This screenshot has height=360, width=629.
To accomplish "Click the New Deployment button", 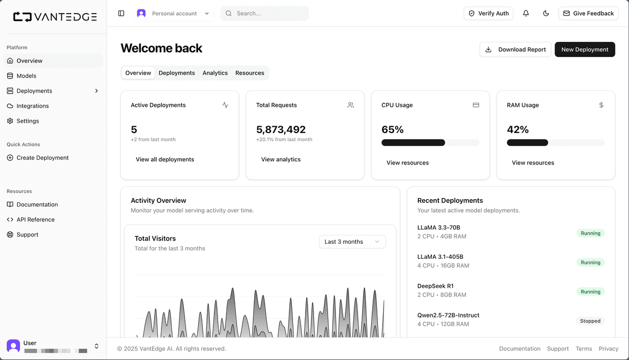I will [x=584, y=49].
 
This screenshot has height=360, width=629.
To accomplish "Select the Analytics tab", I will [x=215, y=73].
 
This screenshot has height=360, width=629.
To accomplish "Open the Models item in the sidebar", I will [x=26, y=76].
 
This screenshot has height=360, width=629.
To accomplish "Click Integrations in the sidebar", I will [x=32, y=106].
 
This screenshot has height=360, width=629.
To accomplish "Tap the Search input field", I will [x=265, y=13].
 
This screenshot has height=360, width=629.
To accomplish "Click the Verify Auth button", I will [x=489, y=13].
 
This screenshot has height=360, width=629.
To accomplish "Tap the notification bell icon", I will [x=526, y=13].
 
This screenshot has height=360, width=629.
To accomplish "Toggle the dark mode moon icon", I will [x=546, y=13].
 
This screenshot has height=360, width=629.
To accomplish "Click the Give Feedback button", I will [x=588, y=13].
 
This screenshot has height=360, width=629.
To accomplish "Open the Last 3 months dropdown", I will [x=352, y=242].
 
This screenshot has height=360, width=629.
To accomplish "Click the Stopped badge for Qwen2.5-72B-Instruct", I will [x=590, y=321].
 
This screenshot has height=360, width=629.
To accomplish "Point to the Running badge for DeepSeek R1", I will [x=590, y=292].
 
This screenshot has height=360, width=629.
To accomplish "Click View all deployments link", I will [x=165, y=159].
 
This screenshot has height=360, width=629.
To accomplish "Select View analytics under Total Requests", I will [x=281, y=159].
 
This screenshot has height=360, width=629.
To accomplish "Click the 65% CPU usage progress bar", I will [x=430, y=143].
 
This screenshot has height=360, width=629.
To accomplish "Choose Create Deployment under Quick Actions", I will [x=42, y=158].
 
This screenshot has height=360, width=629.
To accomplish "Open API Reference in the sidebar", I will [x=35, y=220].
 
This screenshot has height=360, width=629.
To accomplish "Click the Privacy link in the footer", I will [x=609, y=348].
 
